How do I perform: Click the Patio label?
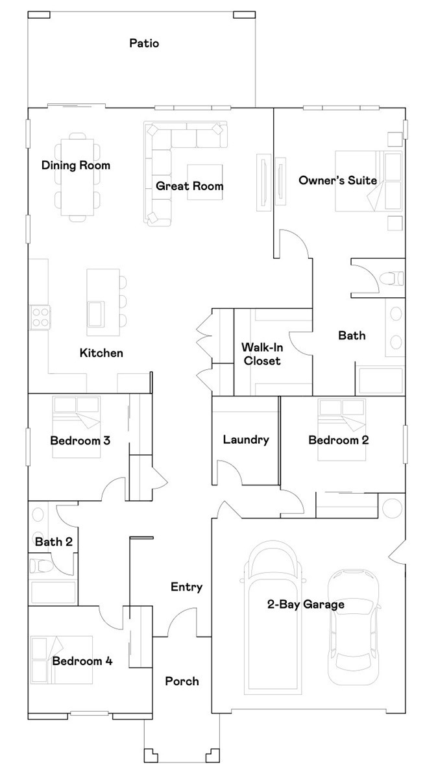[x=144, y=43]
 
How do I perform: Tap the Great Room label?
[x=189, y=186]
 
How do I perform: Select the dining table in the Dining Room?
[x=77, y=176]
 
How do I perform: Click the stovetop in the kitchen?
[x=40, y=317]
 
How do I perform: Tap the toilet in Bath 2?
[x=40, y=566]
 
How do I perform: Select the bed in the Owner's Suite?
[x=369, y=181]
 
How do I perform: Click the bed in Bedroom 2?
[x=342, y=415]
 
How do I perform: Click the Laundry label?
[x=246, y=439]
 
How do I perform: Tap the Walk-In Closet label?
[x=262, y=354]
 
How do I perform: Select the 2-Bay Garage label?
[x=306, y=604]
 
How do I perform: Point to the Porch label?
[x=182, y=681]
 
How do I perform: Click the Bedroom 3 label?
[x=80, y=440]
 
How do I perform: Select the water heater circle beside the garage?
[x=392, y=507]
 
